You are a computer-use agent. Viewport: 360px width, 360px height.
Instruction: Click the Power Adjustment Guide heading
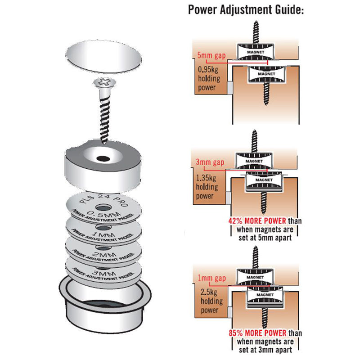(x=246, y=9)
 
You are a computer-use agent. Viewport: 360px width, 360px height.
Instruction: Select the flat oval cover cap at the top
(x=103, y=57)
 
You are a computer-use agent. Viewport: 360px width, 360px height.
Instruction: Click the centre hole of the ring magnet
(x=103, y=158)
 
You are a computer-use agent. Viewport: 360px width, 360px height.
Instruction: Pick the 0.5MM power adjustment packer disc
(x=103, y=208)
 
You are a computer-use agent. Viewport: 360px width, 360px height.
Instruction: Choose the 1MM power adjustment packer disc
(x=103, y=232)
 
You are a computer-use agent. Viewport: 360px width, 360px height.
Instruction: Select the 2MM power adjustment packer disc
(x=103, y=252)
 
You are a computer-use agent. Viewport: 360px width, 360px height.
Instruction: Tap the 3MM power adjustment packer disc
(x=103, y=272)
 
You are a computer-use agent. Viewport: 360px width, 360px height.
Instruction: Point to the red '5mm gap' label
(x=211, y=55)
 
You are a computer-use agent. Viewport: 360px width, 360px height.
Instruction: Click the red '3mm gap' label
(x=210, y=162)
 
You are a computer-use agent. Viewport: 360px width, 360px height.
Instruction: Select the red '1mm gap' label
(x=211, y=278)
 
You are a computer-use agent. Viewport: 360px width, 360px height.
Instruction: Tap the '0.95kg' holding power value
(x=208, y=69)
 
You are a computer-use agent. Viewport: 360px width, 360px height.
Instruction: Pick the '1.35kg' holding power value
(x=206, y=178)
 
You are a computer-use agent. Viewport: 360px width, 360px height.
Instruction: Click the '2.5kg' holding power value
(x=209, y=292)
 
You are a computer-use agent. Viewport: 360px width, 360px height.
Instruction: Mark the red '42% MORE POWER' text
(x=257, y=221)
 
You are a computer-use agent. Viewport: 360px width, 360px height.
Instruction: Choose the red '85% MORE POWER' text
(x=257, y=333)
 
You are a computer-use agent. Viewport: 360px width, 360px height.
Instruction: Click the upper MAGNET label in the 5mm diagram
(x=256, y=52)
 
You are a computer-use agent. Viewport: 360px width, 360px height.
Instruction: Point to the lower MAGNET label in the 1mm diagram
(x=265, y=295)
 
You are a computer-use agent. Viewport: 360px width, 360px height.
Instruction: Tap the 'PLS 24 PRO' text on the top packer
(x=103, y=199)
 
